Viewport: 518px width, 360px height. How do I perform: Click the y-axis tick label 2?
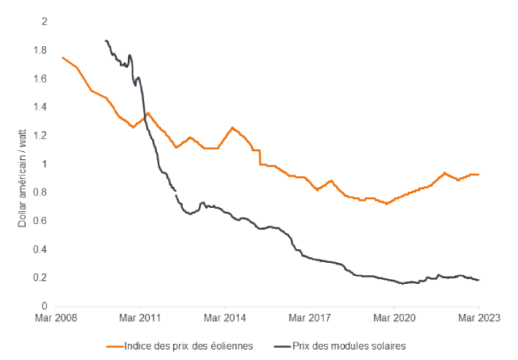(x=45, y=21)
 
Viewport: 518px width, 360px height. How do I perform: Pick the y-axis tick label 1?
(x=45, y=164)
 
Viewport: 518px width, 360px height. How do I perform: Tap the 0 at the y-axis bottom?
(x=45, y=307)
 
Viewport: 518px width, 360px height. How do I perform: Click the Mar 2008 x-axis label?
(x=62, y=318)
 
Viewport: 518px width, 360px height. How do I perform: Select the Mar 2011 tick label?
(x=145, y=318)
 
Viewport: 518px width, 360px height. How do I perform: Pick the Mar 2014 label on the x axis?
(x=228, y=318)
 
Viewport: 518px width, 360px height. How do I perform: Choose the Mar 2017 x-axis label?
(x=312, y=318)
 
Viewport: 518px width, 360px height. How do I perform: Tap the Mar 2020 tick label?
(x=395, y=318)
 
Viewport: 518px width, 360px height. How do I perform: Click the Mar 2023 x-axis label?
(x=478, y=318)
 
